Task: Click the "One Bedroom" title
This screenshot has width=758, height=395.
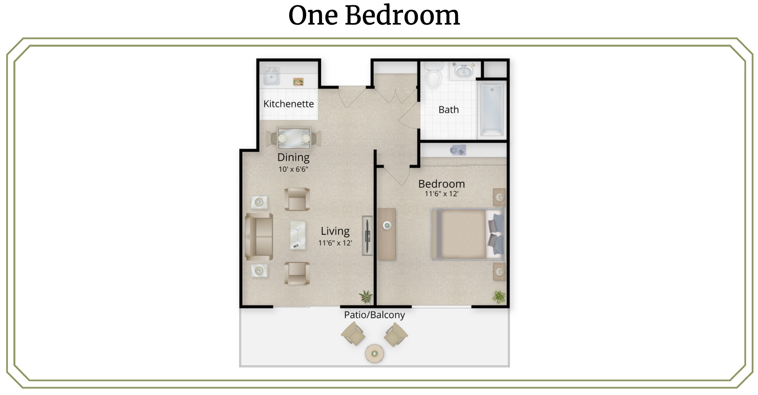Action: [374, 16]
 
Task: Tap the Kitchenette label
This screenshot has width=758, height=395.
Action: [288, 104]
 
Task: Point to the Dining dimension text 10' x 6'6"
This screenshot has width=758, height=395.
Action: [293, 169]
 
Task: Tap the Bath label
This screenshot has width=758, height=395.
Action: [448, 110]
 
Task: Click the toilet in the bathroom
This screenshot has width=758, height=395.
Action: [433, 75]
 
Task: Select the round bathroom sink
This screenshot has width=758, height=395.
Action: [463, 71]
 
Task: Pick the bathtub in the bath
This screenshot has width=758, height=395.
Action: [492, 110]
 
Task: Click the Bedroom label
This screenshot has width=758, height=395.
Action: [441, 184]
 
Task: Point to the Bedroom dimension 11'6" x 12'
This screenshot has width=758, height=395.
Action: [441, 194]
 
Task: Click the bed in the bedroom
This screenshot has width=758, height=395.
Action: [468, 234]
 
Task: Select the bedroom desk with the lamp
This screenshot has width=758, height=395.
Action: [387, 234]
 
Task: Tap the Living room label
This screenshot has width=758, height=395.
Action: [335, 231]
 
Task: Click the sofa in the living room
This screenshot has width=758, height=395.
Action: [259, 237]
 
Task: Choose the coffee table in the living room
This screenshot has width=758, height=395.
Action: [298, 235]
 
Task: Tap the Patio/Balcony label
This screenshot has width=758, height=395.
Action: [374, 315]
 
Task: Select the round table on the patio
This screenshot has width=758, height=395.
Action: [374, 354]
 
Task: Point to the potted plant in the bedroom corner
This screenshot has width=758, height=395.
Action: [499, 297]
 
